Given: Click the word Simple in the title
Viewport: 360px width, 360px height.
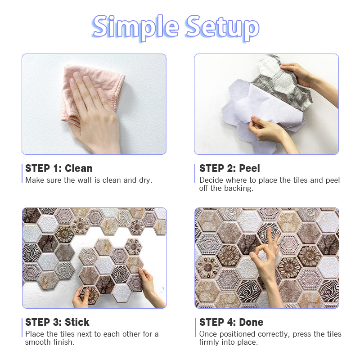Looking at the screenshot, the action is pyautogui.click(x=135, y=27).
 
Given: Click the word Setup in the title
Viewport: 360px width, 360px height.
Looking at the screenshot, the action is pyautogui.click(x=223, y=27).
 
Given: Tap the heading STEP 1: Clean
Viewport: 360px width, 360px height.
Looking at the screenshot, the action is pyautogui.click(x=59, y=168).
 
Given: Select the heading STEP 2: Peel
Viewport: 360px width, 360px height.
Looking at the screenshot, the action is pyautogui.click(x=229, y=168).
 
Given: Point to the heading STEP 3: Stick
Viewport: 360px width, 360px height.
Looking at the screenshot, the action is pyautogui.click(x=57, y=322).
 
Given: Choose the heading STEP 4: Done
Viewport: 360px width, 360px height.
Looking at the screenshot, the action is pyautogui.click(x=231, y=322).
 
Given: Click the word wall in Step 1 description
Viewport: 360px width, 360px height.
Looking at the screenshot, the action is pyautogui.click(x=85, y=180).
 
